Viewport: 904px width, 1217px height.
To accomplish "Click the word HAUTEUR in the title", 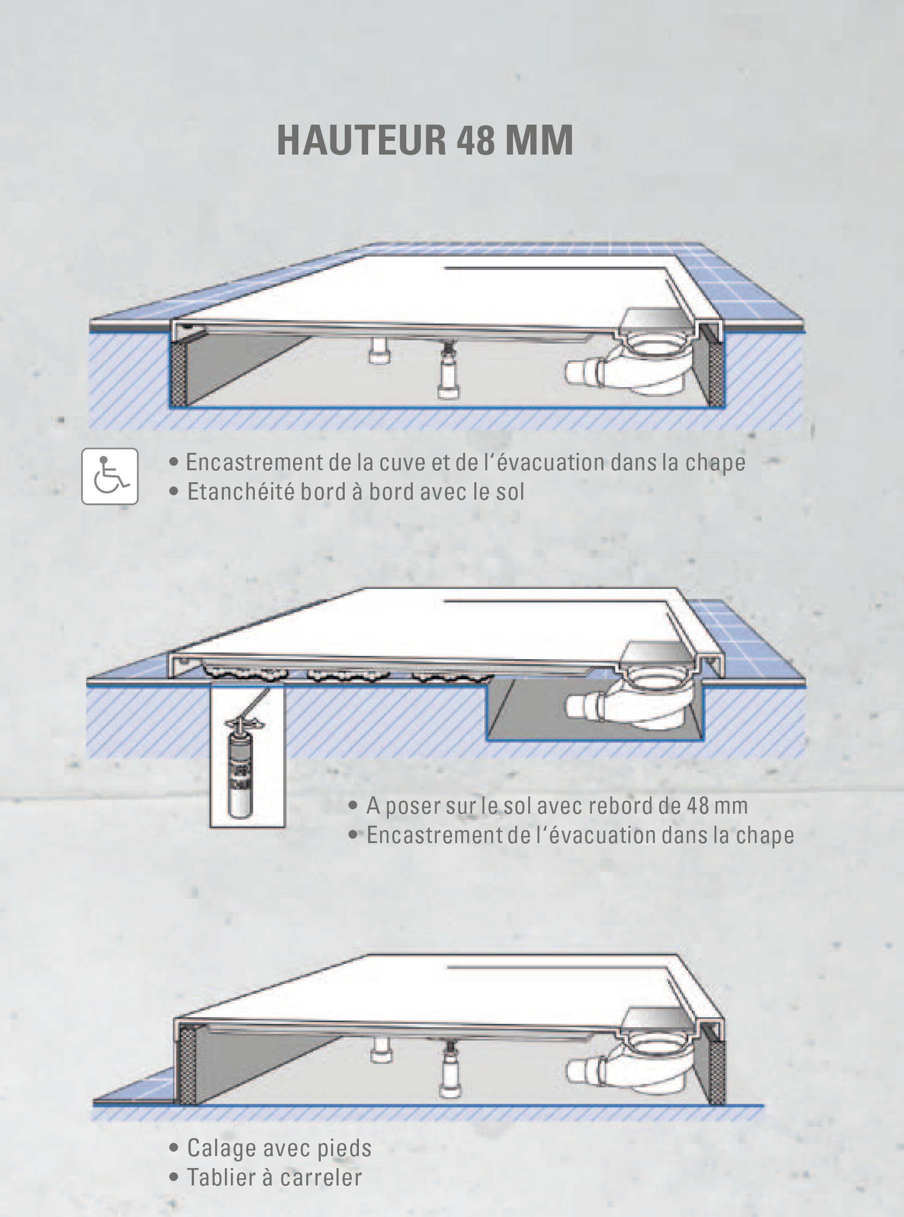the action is point(362,140).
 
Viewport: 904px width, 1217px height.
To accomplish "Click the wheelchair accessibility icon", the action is point(110,476).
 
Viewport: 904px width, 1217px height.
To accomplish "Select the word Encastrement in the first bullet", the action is point(254,463).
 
